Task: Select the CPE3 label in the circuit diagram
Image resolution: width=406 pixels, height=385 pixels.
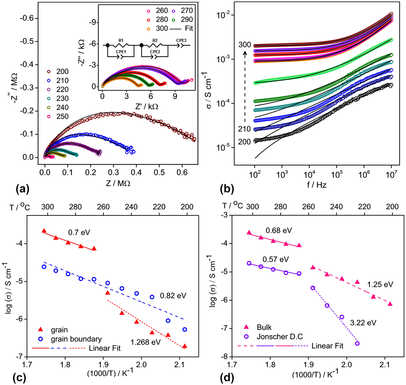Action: [x=181, y=40]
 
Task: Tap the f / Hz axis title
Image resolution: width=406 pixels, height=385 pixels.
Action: [x=315, y=185]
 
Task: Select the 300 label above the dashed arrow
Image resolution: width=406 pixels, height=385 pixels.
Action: [x=245, y=43]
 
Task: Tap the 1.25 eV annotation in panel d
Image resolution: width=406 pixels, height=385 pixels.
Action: [x=380, y=284]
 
